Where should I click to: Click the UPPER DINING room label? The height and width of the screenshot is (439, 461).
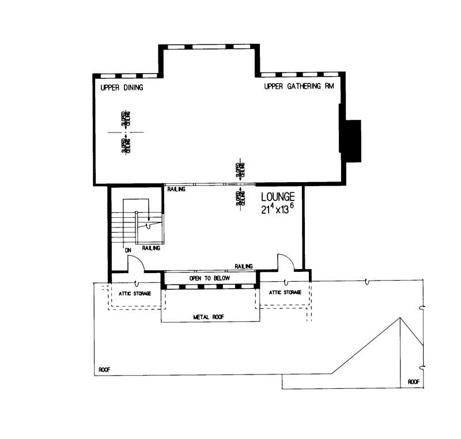pos(122,88)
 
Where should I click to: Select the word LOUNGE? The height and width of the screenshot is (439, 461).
pos(278,196)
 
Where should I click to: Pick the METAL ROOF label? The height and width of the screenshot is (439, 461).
pos(209,316)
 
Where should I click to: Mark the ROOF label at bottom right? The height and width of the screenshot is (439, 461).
pos(414,381)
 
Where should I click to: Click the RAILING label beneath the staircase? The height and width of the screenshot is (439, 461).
pos(151,248)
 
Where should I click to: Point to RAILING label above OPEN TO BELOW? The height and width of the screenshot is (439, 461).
pos(244,266)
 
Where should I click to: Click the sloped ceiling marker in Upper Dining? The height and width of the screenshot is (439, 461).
pos(126,131)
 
